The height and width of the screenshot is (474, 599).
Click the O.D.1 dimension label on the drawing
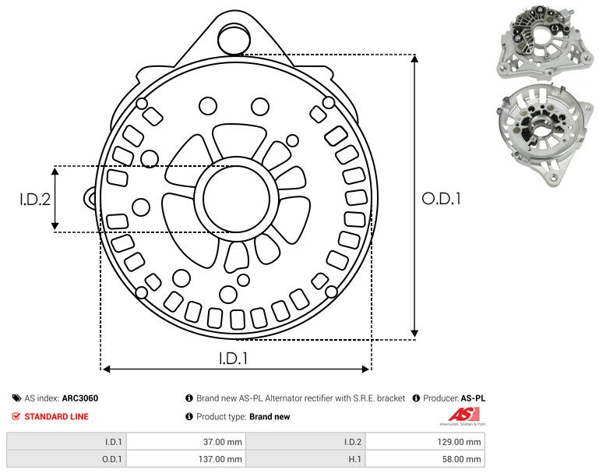tap(441, 199)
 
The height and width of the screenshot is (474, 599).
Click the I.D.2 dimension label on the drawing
tap(35, 199)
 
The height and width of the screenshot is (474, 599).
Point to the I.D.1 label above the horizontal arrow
tap(233, 359)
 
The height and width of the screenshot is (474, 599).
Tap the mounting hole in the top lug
tap(234, 39)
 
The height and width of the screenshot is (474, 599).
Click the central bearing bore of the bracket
tap(237, 199)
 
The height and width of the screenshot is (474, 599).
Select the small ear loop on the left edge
tap(90, 198)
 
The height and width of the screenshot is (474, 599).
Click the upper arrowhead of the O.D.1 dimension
tap(414, 58)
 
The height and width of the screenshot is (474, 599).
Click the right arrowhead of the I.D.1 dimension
tap(365, 369)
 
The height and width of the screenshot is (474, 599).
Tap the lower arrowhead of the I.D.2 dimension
tap(55, 225)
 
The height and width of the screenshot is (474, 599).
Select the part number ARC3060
tap(80, 398)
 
